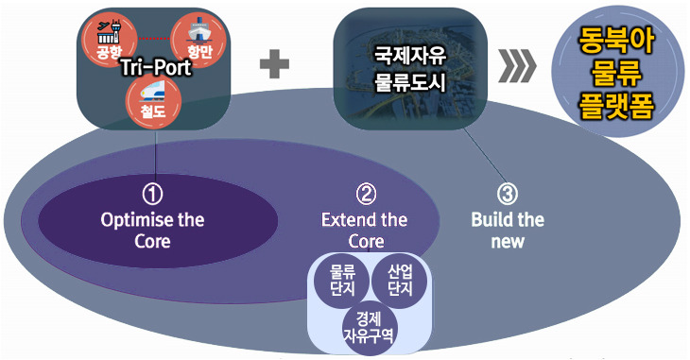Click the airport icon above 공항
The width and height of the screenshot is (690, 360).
click(109, 32)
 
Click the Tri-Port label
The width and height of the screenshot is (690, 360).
click(156, 67)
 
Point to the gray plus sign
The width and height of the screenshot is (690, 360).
click(275, 64)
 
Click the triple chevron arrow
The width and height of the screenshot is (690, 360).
click(518, 65)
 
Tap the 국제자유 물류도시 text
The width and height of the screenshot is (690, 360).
click(410, 70)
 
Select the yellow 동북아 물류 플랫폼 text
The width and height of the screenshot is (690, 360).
click(616, 73)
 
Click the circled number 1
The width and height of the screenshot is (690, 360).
click(152, 195)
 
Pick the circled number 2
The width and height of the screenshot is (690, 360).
click(366, 195)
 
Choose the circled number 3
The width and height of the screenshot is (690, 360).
click(508, 195)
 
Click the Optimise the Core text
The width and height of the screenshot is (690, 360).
click(152, 231)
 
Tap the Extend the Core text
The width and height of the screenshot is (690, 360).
click(365, 231)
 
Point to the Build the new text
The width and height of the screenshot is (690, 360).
click(508, 231)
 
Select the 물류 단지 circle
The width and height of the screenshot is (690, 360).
click(342, 281)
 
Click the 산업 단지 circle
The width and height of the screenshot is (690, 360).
click(400, 281)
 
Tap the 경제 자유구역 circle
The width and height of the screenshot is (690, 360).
click(369, 329)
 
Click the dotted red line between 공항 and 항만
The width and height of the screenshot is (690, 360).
click(154, 39)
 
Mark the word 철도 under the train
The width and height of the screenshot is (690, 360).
click(153, 111)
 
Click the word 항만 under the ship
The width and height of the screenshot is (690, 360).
click(200, 52)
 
